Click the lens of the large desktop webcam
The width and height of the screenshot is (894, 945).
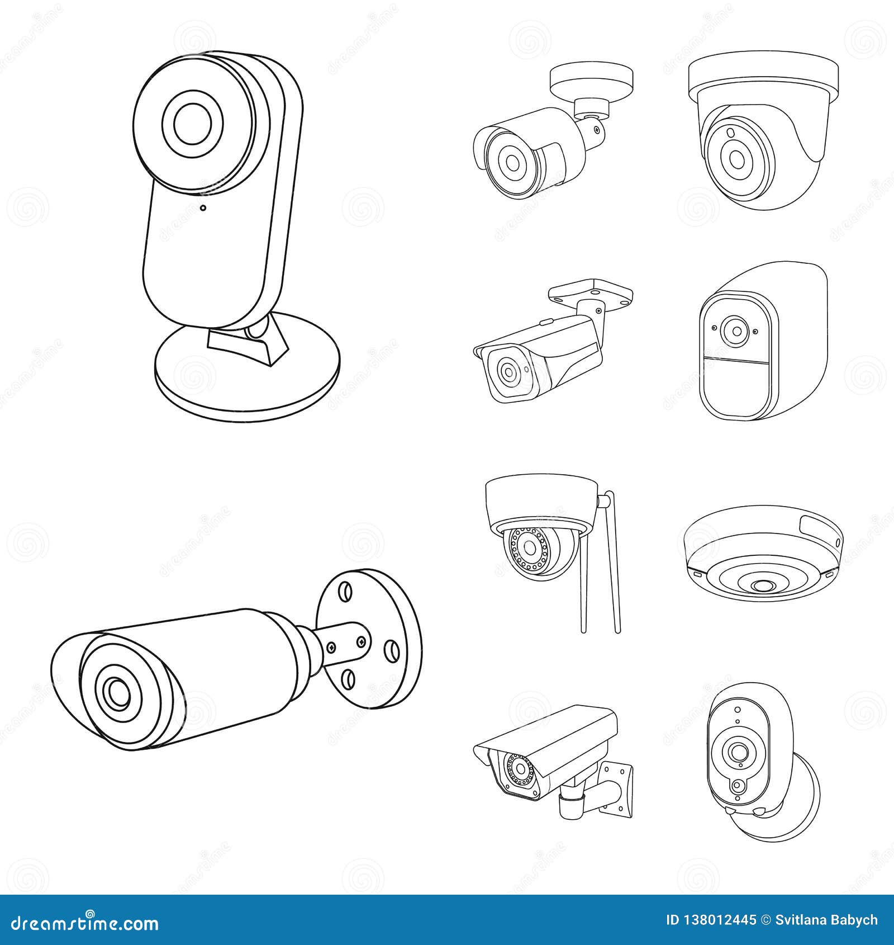pos(191,123)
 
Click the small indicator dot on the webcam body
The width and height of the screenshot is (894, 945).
pos(203,208)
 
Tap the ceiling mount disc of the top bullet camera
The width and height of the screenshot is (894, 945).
pos(591,78)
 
